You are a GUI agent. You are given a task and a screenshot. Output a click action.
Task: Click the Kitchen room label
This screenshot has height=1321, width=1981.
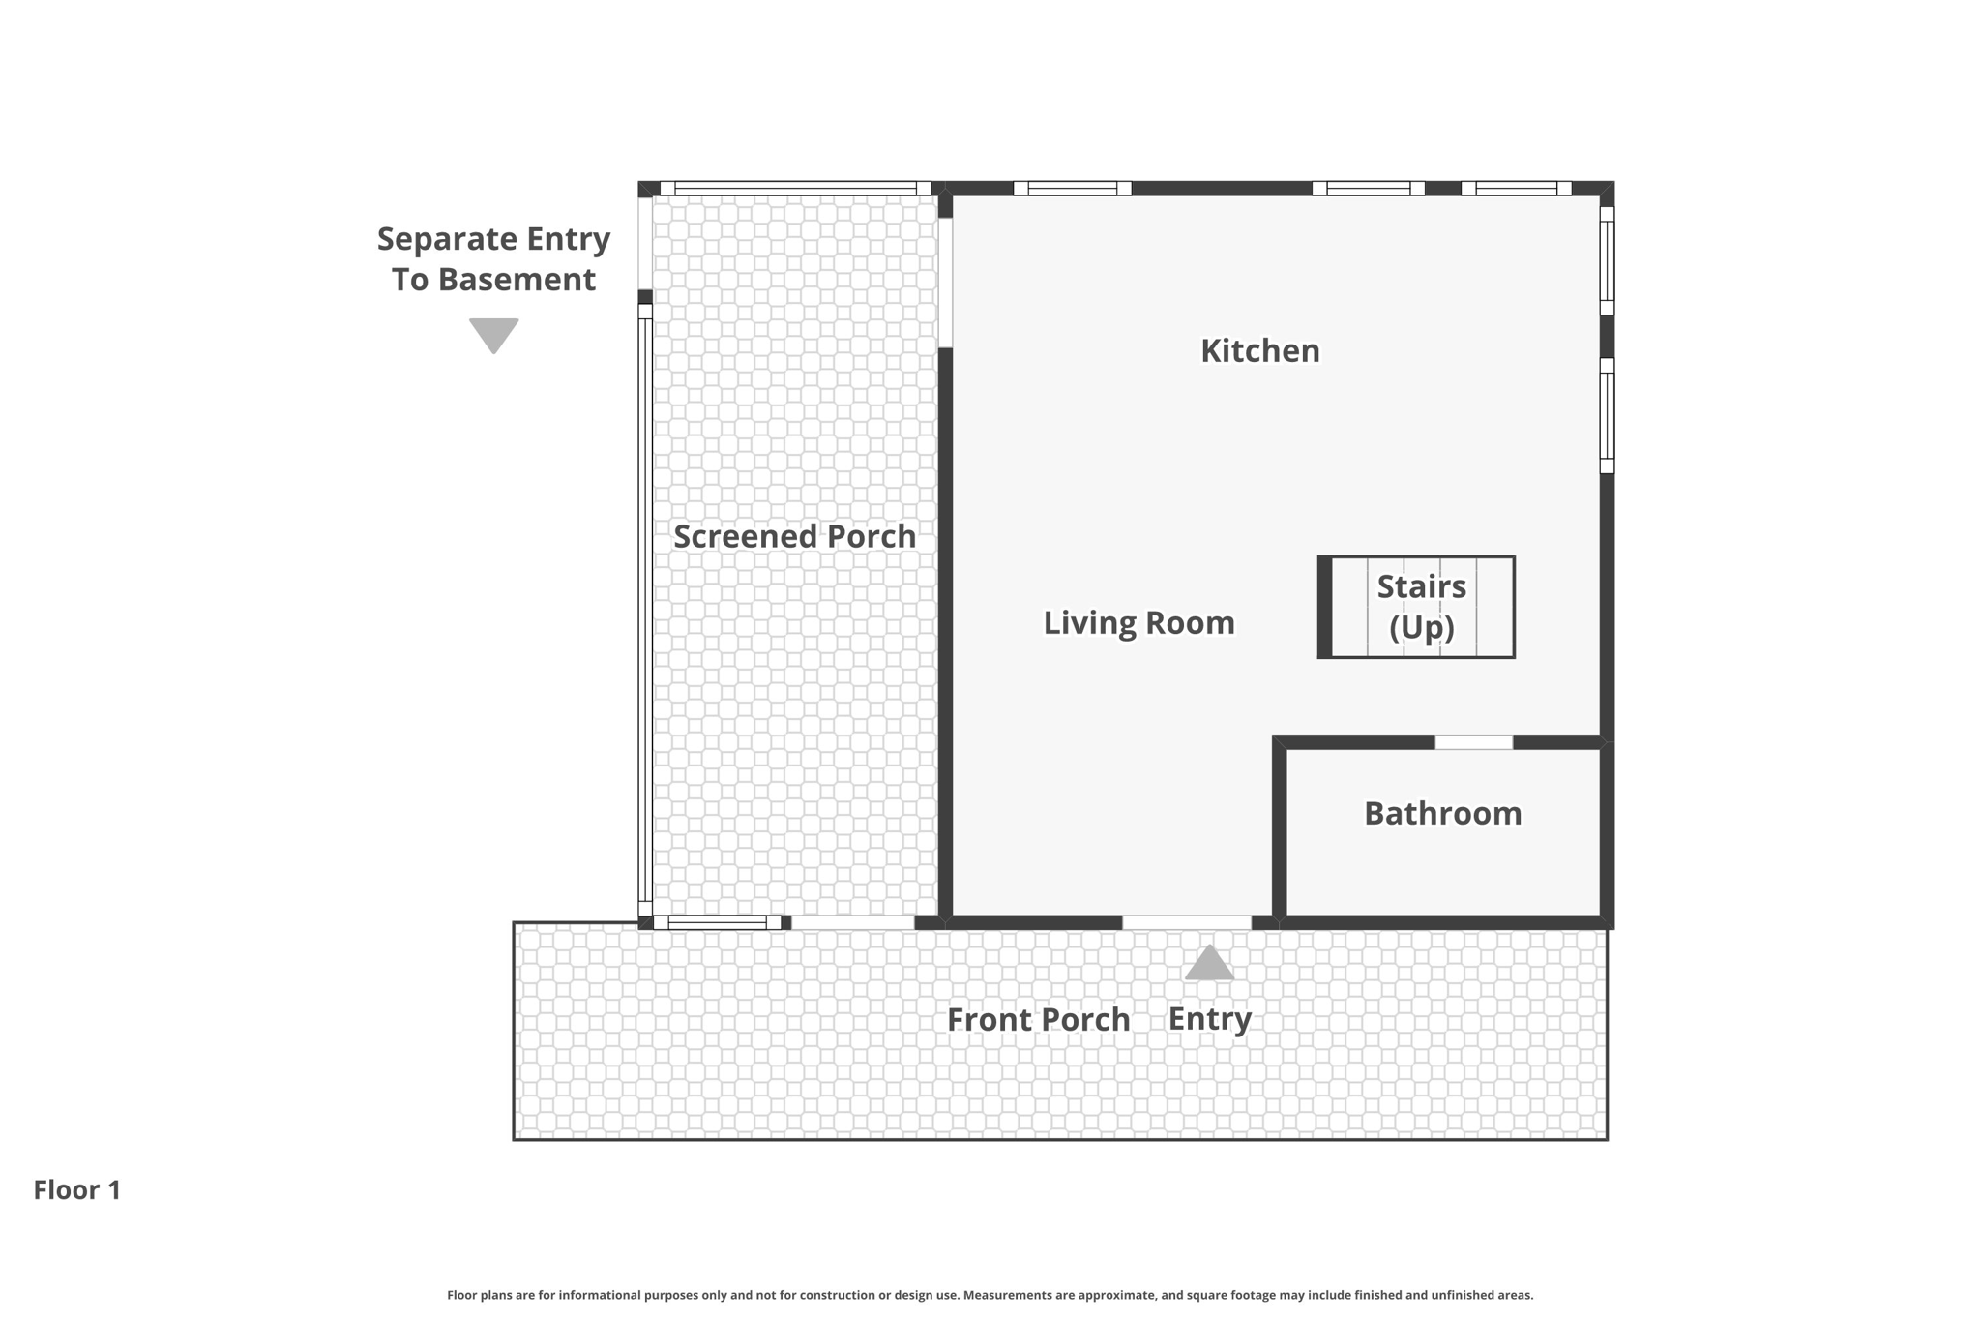[x=1259, y=350]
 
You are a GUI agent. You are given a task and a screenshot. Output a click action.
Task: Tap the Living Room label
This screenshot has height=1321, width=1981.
[x=1138, y=622]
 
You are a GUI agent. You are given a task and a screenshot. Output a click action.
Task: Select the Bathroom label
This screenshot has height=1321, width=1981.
[x=1442, y=813]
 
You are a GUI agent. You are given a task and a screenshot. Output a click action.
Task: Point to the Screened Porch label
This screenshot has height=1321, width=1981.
[x=794, y=536]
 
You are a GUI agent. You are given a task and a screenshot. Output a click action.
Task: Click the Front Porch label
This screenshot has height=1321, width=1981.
[x=1038, y=1019]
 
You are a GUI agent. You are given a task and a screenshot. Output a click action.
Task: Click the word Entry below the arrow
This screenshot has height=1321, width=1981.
[x=1209, y=1019]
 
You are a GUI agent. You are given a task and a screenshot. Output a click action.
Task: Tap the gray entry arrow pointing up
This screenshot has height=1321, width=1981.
[x=1209, y=963]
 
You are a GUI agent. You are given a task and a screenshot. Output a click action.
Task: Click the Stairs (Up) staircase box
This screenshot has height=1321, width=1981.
[x=1416, y=607]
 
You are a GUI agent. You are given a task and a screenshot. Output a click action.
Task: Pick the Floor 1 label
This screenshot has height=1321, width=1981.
[x=77, y=1189]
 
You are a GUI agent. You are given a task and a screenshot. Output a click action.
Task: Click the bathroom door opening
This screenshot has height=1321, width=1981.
[x=1473, y=742]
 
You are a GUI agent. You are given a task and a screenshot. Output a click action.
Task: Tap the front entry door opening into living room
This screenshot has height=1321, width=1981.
[x=1187, y=922]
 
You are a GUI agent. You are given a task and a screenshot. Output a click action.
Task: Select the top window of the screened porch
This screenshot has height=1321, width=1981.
[x=795, y=188]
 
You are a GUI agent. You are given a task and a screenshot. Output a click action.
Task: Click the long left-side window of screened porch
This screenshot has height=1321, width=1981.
[x=645, y=610]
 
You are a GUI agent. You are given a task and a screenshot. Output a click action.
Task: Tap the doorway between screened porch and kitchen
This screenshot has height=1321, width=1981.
[x=945, y=283]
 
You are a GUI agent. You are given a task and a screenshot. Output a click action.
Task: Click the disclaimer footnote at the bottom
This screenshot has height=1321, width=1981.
[x=990, y=1295]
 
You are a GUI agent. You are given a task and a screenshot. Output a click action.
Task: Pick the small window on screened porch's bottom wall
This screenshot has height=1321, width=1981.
[x=718, y=922]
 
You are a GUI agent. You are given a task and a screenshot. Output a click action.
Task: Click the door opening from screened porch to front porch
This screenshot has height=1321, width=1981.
[x=853, y=922]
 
